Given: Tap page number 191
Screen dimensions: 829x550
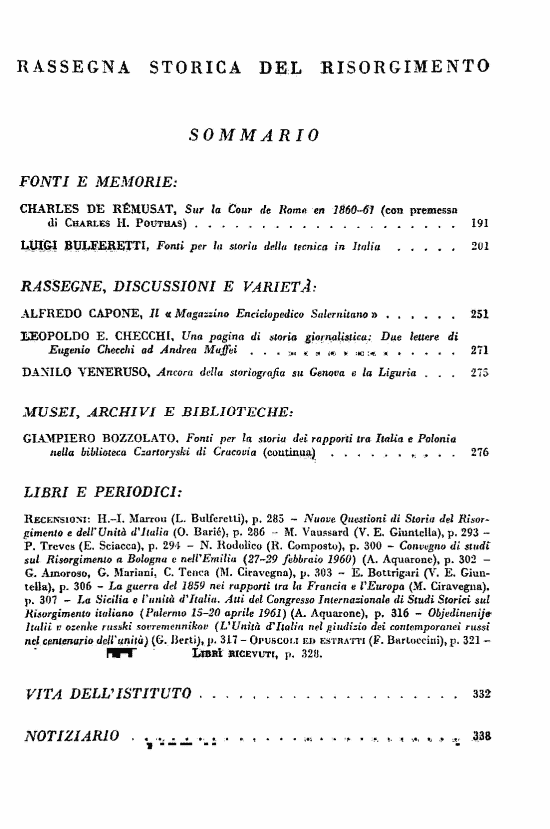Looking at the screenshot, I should tap(479, 222).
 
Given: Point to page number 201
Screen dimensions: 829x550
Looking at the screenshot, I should tap(479, 245).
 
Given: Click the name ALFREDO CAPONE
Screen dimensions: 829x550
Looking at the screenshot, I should tap(78, 313).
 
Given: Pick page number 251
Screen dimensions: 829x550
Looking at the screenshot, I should tap(479, 313).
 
